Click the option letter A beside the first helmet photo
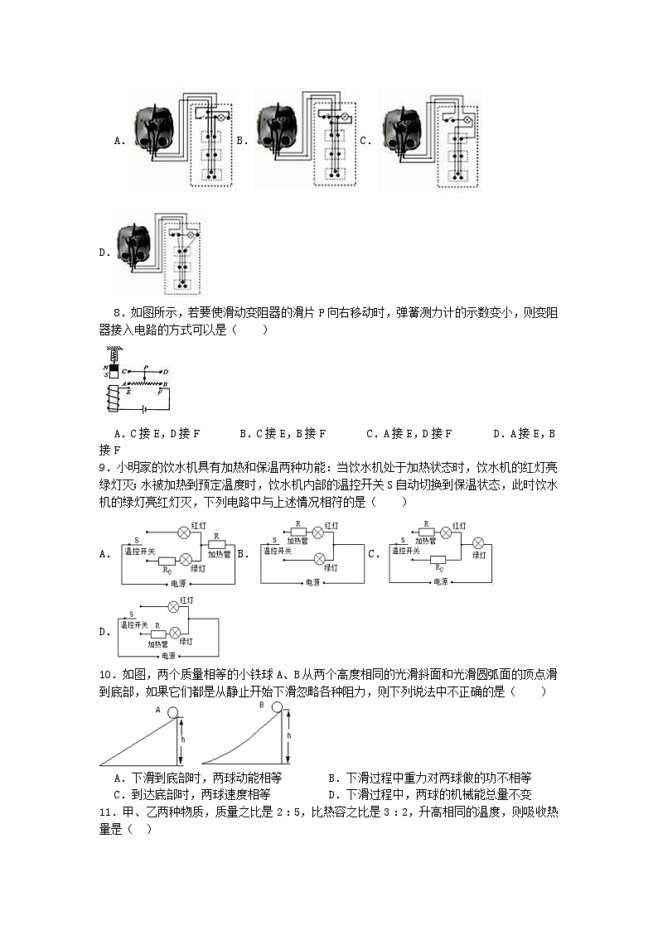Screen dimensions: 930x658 tap(119, 141)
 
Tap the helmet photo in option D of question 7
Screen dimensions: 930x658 tap(138, 248)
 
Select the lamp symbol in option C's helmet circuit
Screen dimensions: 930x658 tap(466, 121)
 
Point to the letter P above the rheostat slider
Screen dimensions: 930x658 tap(145, 365)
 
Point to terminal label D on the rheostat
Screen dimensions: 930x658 tap(166, 371)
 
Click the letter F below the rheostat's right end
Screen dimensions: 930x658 tap(162, 393)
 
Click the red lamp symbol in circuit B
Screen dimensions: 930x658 tap(319, 532)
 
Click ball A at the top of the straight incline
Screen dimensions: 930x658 tap(173, 712)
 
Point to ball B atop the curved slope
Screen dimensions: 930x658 tap(275, 707)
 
